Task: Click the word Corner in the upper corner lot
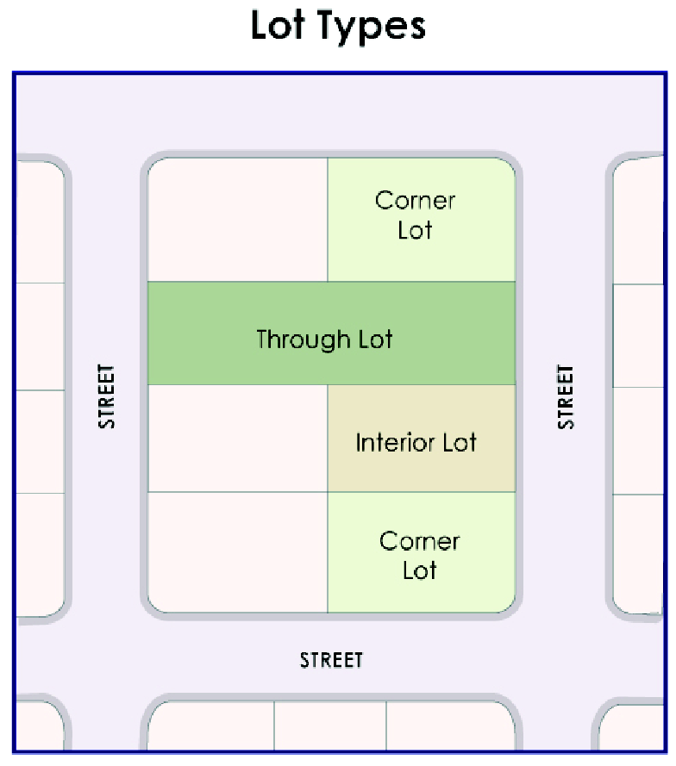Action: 415,201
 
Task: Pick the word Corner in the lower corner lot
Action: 419,541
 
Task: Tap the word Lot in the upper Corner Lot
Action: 415,230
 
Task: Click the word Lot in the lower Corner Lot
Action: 419,570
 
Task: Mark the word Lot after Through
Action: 374,339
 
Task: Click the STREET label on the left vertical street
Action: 106,396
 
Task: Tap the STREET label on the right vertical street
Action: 565,396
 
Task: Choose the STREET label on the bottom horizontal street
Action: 331,660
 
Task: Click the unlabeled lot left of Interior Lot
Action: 237,438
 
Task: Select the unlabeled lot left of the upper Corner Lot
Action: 237,220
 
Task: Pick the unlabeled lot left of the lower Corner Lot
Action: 237,551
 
